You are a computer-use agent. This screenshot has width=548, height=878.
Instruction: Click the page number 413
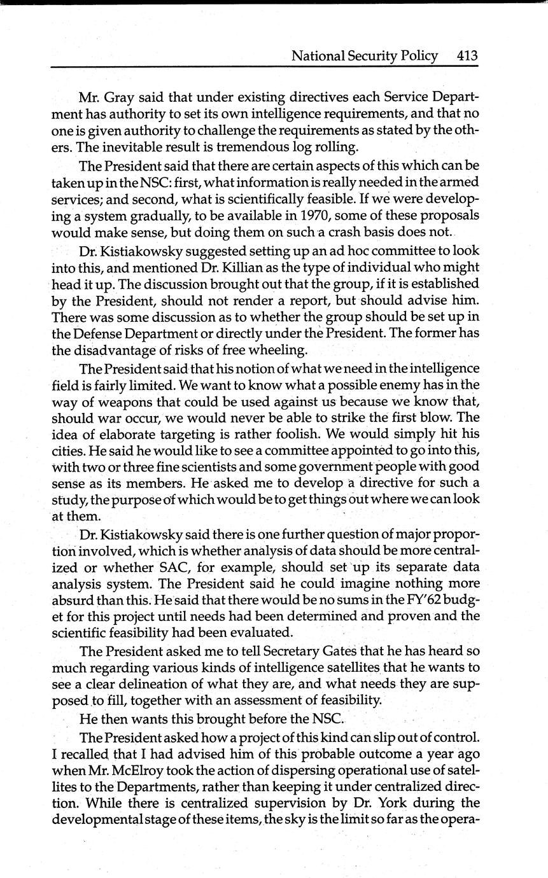click(x=467, y=55)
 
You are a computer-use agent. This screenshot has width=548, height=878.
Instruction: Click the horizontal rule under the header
click(x=263, y=66)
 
